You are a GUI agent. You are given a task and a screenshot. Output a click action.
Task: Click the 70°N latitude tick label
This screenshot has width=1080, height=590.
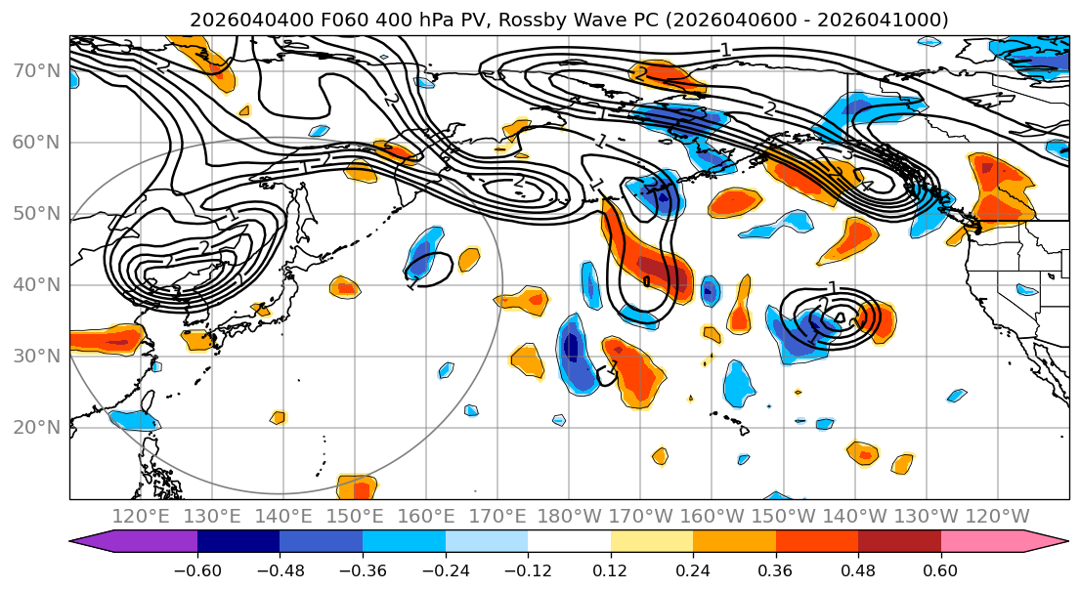click(37, 70)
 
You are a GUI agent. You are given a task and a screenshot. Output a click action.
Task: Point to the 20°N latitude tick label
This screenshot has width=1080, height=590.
click(37, 427)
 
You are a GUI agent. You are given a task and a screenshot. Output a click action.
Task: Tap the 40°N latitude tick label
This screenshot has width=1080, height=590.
click(37, 284)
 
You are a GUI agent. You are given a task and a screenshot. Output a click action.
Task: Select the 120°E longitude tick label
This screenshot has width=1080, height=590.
click(142, 516)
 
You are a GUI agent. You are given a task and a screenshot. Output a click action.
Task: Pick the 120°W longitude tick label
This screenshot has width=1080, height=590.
click(998, 516)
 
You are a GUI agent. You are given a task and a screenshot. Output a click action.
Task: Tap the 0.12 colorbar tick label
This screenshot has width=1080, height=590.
click(610, 570)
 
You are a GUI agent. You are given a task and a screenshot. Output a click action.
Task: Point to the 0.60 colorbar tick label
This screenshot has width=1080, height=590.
click(940, 570)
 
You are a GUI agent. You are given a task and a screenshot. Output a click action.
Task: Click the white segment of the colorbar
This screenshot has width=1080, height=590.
click(569, 542)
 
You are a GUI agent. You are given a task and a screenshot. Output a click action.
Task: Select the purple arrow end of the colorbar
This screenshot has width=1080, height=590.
click(98, 542)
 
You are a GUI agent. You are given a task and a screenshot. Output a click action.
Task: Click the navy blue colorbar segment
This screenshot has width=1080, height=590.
click(238, 542)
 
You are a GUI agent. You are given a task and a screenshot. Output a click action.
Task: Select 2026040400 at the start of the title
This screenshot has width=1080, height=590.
click(251, 20)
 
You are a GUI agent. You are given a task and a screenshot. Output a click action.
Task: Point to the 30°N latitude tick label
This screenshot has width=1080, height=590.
click(37, 356)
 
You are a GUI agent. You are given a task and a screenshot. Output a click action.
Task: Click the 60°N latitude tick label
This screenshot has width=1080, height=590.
click(37, 142)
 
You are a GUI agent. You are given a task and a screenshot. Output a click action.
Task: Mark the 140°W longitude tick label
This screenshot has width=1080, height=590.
click(855, 516)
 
